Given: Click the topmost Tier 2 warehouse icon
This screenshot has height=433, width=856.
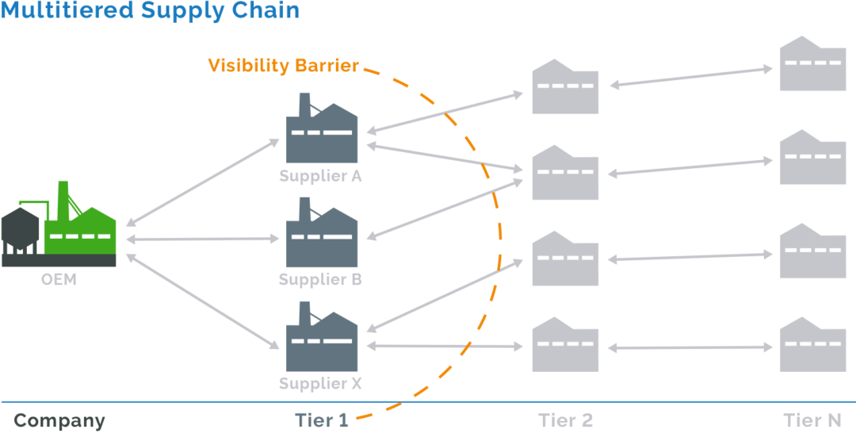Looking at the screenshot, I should click(565, 86).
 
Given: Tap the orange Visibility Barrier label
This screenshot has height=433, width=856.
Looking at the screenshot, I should click(284, 66).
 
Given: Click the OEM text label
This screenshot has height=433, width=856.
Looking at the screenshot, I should click(59, 279).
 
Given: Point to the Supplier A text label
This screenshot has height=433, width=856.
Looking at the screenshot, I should click(320, 176).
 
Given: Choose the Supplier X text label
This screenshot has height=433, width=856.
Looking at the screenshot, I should click(320, 384).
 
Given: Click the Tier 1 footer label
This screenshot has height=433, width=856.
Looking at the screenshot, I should click(321, 420).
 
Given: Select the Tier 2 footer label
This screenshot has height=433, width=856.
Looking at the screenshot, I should click(565, 420).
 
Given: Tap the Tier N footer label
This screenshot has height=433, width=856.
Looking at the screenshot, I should click(813, 420).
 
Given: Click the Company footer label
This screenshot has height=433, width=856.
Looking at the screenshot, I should click(59, 420).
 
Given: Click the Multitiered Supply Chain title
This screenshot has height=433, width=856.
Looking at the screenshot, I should click(151, 11).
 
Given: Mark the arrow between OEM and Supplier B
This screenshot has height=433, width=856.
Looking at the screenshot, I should click(204, 238).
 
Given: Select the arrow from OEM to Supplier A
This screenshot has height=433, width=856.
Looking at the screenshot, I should click(204, 182).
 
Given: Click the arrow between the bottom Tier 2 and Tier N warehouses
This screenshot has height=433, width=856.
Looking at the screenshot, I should click(689, 347).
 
